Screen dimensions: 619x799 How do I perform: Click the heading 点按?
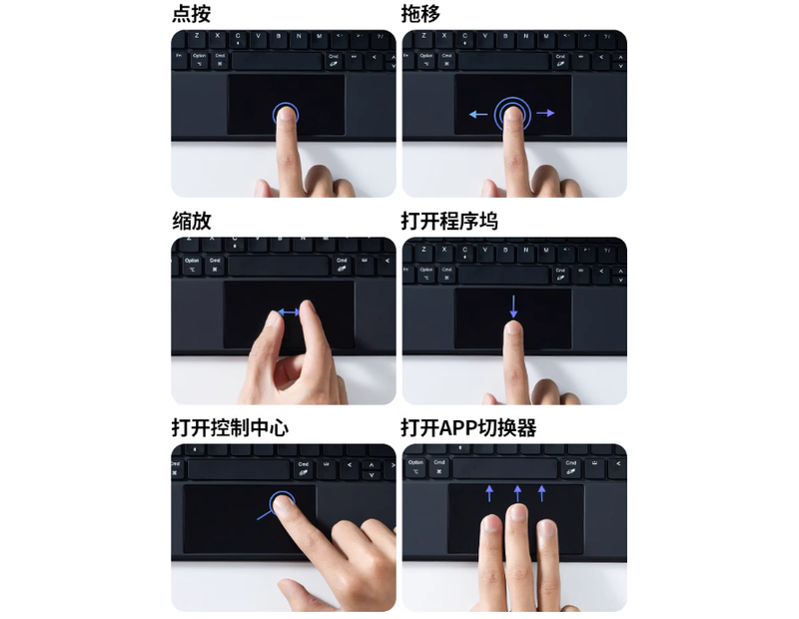(x=191, y=13)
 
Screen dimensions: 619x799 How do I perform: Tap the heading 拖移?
(x=420, y=13)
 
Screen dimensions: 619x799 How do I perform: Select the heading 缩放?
(x=191, y=221)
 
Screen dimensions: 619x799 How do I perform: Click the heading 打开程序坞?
(x=449, y=221)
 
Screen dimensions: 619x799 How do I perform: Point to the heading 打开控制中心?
(x=230, y=427)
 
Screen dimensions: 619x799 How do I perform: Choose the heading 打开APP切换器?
(x=468, y=427)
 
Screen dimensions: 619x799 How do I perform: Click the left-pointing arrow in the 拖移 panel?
(x=478, y=114)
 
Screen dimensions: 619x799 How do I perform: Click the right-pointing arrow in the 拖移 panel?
(x=545, y=113)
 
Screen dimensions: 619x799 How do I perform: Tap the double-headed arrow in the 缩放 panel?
(x=290, y=312)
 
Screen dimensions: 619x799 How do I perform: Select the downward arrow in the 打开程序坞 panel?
(x=513, y=306)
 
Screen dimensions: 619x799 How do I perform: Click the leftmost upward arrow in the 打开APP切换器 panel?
(x=489, y=492)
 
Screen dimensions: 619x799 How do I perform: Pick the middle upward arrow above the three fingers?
(x=517, y=492)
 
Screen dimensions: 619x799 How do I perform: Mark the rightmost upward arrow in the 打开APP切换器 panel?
(x=542, y=492)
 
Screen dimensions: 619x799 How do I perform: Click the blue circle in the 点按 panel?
(x=287, y=113)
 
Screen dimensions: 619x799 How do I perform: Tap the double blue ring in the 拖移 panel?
(x=513, y=113)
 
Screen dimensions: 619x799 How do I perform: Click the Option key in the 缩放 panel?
(x=192, y=265)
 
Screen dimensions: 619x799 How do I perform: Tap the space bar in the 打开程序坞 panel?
(x=503, y=275)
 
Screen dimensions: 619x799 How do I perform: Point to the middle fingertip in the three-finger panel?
(x=515, y=517)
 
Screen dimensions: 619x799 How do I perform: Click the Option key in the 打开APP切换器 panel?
(x=415, y=466)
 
